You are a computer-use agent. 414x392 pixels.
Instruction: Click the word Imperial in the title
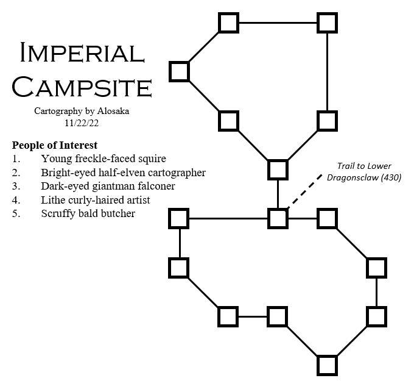pyautogui.click(x=81, y=54)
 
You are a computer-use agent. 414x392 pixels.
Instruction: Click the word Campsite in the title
pyautogui.click(x=81, y=87)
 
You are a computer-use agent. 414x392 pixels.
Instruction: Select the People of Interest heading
pyautogui.click(x=54, y=146)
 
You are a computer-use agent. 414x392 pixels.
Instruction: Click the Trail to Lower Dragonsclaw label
pyautogui.click(x=365, y=172)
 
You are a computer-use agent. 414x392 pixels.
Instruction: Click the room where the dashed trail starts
pyautogui.click(x=278, y=218)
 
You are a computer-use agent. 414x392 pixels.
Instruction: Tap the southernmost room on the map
pyautogui.click(x=327, y=365)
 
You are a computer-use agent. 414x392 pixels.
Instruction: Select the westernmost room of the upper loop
pyautogui.click(x=179, y=71)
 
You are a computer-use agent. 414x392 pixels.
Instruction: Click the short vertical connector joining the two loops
pyautogui.click(x=278, y=193)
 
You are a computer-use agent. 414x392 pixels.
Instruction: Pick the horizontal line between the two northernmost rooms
pyautogui.click(x=278, y=23)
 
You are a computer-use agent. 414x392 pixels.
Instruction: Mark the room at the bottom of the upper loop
pyautogui.click(x=278, y=169)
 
